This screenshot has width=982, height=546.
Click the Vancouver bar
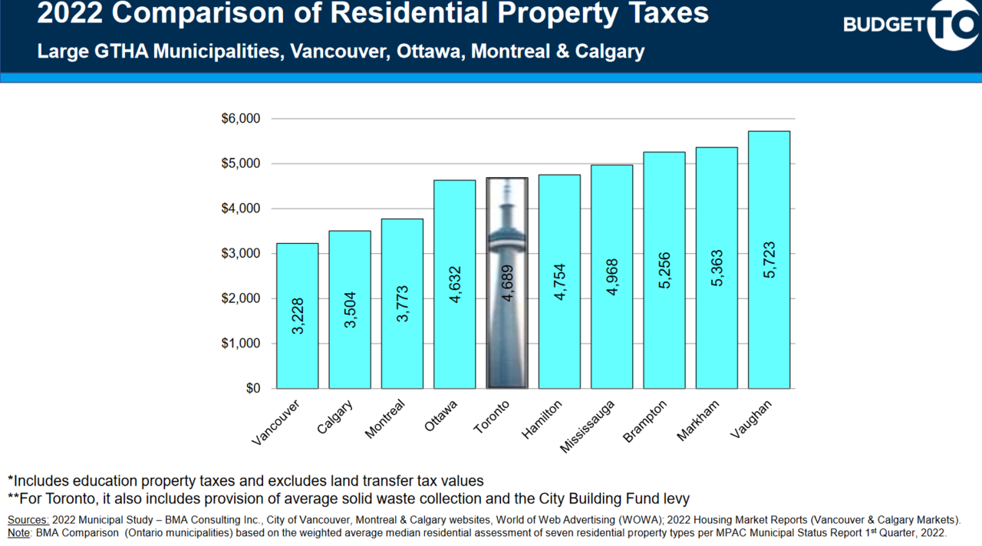tap(297, 316)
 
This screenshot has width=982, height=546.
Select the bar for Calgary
tap(350, 310)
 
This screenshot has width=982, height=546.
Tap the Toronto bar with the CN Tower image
tap(507, 283)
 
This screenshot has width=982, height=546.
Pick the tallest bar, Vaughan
tap(769, 260)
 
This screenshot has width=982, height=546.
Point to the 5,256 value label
tap(664, 270)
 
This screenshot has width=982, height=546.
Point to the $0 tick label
tap(252, 389)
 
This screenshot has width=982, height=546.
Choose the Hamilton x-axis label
tap(542, 419)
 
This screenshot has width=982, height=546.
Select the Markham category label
tap(698, 420)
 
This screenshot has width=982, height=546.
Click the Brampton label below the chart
tap(645, 421)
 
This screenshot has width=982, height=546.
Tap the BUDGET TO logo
tap(910, 25)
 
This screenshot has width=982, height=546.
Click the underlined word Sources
tap(28, 520)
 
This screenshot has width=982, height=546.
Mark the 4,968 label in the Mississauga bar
tap(612, 278)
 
